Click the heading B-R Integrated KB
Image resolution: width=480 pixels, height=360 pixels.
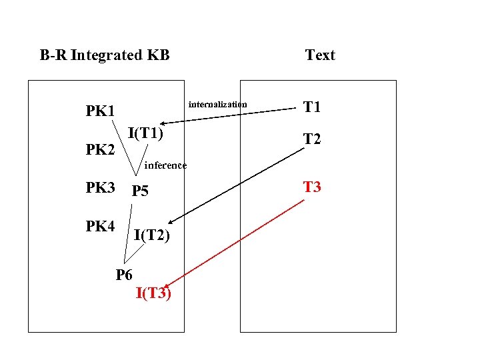tap(105, 55)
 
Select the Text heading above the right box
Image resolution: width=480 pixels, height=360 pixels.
tap(320, 55)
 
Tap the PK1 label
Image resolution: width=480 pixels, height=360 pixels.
tap(100, 110)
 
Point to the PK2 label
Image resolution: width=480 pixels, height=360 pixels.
tap(100, 150)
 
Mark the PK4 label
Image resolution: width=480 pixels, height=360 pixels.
tap(100, 227)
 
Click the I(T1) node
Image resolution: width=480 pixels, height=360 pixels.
tap(145, 133)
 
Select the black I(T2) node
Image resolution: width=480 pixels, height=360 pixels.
tap(151, 235)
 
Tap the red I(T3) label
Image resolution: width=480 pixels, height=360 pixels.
tap(153, 293)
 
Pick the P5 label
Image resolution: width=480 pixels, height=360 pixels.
tap(140, 191)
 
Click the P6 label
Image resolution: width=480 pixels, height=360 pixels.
tap(124, 274)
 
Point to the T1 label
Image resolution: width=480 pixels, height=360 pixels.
tap(312, 107)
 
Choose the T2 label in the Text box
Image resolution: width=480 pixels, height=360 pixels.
tap(312, 139)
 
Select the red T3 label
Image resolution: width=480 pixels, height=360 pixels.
tap(312, 187)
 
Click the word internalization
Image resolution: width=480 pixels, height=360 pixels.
tap(217, 104)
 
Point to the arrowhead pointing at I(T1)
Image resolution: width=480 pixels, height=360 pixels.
tap(163, 123)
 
